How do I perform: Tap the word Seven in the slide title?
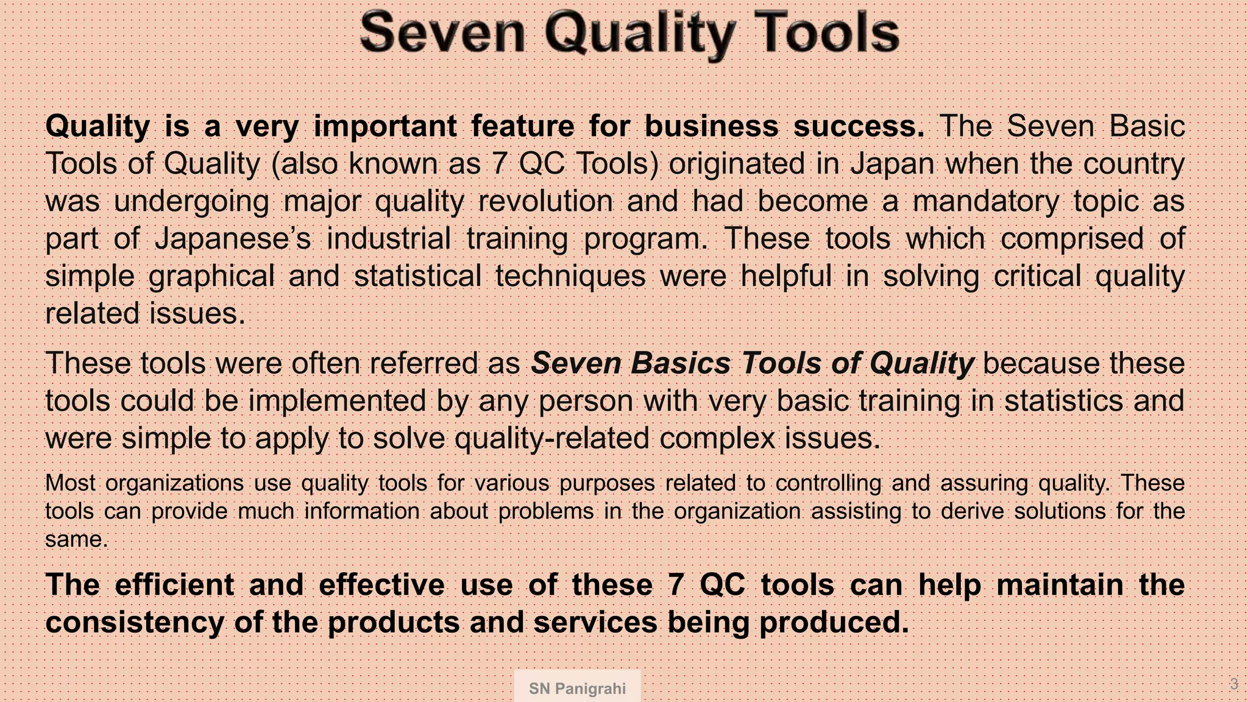[x=443, y=33]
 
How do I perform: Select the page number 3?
[x=1234, y=684]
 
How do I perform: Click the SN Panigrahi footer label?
[x=577, y=689]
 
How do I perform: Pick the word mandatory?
[x=985, y=201]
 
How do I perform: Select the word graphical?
[x=212, y=276]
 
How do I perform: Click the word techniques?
[x=570, y=275]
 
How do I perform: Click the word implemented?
[x=337, y=401]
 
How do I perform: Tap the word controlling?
[x=828, y=483]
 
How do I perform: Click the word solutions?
[x=1060, y=511]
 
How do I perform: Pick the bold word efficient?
[x=174, y=584]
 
